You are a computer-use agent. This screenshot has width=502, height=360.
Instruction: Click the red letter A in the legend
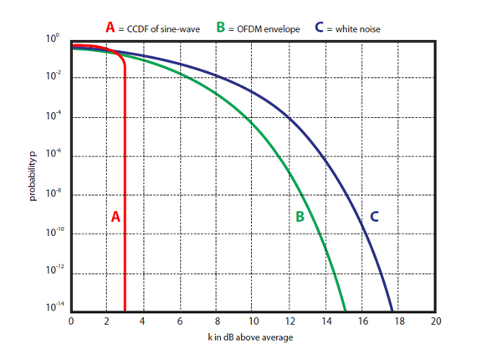click(110, 28)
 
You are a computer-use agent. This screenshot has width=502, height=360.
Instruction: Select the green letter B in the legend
click(220, 28)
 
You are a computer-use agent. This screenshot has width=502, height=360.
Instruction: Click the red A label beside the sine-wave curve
click(116, 216)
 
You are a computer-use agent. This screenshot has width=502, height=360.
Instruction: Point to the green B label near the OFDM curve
click(299, 216)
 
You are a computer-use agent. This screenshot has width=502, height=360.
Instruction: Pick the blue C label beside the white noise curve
click(374, 216)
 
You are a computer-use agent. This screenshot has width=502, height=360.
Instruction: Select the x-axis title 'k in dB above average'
click(253, 337)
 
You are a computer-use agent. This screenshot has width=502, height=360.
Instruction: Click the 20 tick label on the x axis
click(435, 321)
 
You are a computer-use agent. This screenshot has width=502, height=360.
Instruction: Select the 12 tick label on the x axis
click(289, 321)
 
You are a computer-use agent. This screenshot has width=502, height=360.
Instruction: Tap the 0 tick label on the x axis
click(71, 321)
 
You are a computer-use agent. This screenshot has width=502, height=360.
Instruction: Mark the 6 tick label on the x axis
click(180, 321)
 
